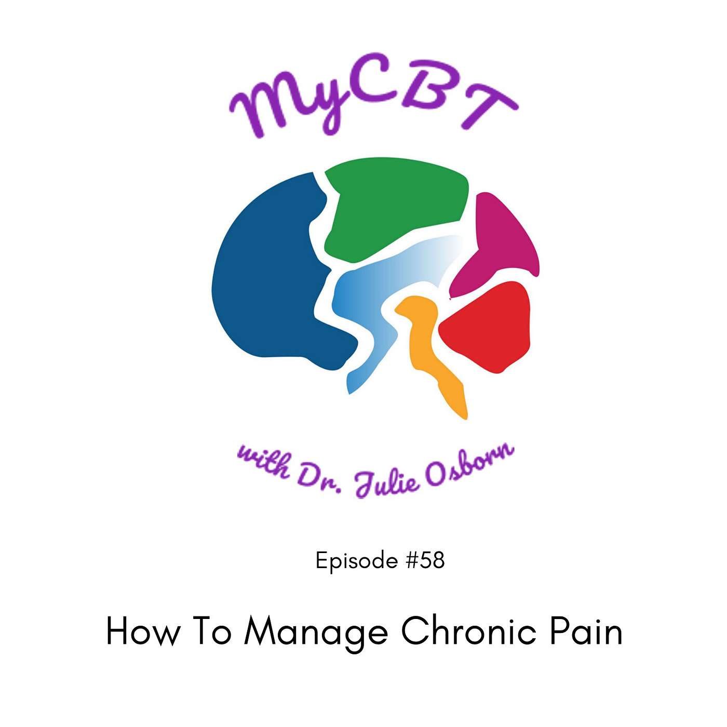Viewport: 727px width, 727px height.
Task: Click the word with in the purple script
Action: [264, 462]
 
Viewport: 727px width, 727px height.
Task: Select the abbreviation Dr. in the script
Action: [319, 479]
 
